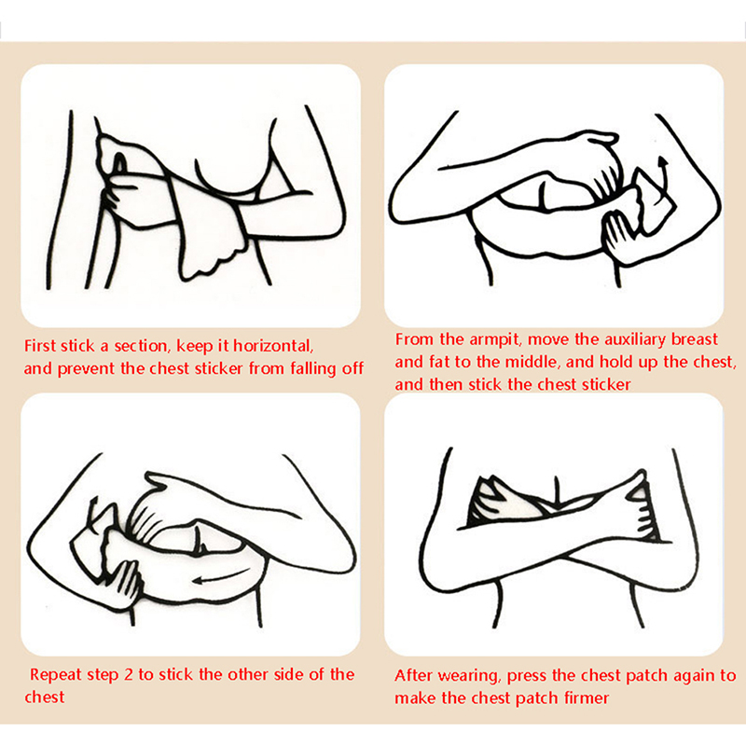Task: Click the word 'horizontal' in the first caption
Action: [x=272, y=346]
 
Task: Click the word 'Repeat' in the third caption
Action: [x=54, y=675]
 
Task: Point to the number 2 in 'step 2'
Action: [x=128, y=674]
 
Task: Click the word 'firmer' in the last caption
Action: [x=587, y=698]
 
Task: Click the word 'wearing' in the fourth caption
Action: [x=468, y=676]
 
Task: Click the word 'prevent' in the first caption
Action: [x=86, y=368]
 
